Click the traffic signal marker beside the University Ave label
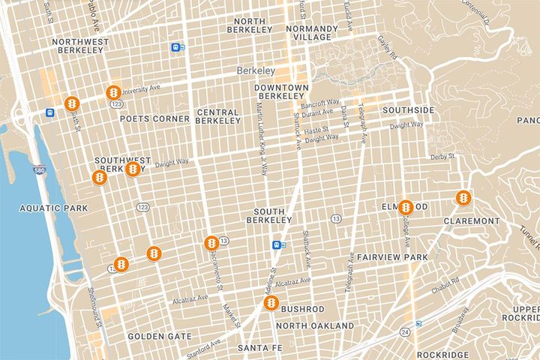pyautogui.click(x=113, y=92)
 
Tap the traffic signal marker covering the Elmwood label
pyautogui.click(x=405, y=207)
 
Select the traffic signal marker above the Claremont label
pyautogui.click(x=463, y=198)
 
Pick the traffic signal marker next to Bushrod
pyautogui.click(x=270, y=304)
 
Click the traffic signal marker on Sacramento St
pyautogui.click(x=211, y=243)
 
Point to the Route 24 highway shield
pyautogui.click(x=405, y=331)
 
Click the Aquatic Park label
pyautogui.click(x=43, y=208)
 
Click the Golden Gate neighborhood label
pyautogui.click(x=159, y=337)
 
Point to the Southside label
pyautogui.click(x=408, y=110)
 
